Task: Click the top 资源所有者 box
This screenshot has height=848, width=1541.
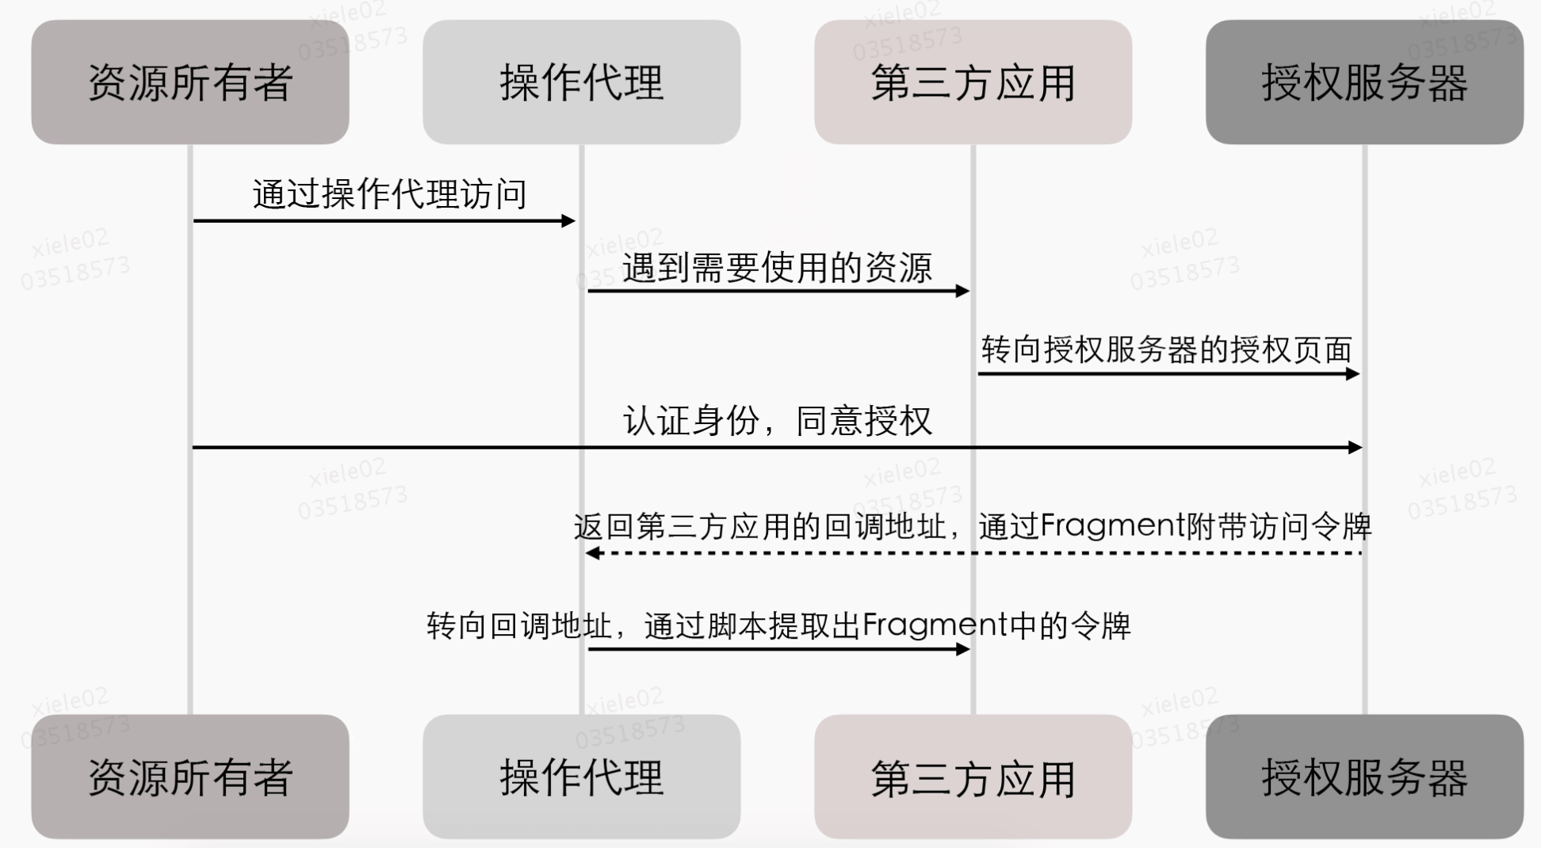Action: coord(190,82)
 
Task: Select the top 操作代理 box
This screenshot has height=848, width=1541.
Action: coord(581,82)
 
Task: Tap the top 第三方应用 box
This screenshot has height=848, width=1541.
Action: coord(973,82)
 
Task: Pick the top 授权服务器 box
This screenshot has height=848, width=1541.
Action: coord(1364,82)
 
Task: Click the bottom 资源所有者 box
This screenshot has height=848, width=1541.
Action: coord(190,777)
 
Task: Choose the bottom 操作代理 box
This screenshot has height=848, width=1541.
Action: coord(581,777)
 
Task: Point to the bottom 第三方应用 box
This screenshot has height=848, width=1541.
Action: coord(973,777)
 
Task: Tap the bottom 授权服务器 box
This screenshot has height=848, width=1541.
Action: coord(1364,777)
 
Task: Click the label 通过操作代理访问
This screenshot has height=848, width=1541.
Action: coord(389,194)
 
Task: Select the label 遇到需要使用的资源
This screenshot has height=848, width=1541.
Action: coord(777,268)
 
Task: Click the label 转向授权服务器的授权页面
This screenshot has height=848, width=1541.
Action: coord(1166,350)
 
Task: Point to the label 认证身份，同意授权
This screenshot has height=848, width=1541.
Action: coord(777,421)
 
